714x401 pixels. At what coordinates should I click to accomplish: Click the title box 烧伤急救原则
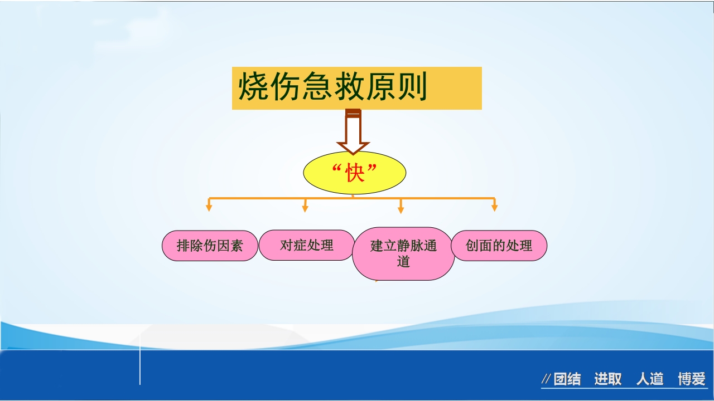click(356, 88)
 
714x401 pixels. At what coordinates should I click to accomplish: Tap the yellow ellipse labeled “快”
click(354, 173)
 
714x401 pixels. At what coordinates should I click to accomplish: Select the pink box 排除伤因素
click(210, 246)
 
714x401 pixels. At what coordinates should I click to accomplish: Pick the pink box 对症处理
click(307, 245)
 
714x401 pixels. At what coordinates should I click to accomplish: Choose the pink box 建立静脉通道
click(403, 253)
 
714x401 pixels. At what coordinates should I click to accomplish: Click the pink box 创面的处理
click(499, 246)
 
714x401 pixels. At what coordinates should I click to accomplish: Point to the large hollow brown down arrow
click(353, 134)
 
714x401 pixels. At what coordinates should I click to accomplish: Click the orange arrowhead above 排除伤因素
click(209, 208)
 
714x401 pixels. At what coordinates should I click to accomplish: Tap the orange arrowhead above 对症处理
click(305, 208)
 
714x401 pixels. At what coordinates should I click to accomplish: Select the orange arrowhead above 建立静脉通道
click(401, 209)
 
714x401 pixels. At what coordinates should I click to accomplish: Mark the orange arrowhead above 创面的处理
click(494, 208)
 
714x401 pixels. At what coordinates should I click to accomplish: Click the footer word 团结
click(567, 380)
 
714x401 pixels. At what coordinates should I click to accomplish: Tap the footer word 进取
click(607, 380)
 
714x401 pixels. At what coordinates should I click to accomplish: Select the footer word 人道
click(650, 380)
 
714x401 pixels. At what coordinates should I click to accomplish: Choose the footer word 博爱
click(692, 380)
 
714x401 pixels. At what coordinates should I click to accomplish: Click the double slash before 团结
click(546, 380)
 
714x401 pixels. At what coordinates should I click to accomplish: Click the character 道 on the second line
click(403, 261)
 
